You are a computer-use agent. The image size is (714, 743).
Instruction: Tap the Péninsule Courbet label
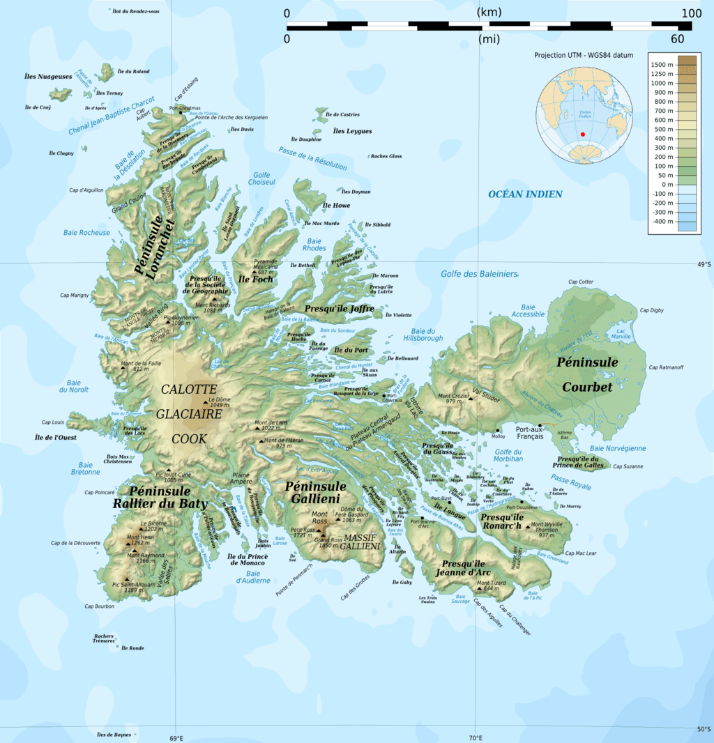click(x=587, y=374)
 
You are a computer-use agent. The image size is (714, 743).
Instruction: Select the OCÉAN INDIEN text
click(x=525, y=194)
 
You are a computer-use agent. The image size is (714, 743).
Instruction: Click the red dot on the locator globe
click(x=583, y=135)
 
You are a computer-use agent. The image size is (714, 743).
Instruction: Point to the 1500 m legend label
click(x=665, y=64)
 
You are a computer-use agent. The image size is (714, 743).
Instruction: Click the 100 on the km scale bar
click(x=691, y=13)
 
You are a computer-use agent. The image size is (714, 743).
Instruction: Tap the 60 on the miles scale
click(x=677, y=39)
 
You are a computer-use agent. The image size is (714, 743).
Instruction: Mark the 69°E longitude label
click(x=176, y=738)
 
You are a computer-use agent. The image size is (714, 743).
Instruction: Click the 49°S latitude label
click(x=704, y=264)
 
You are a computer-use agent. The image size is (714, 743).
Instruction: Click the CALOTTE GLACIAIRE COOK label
click(x=189, y=413)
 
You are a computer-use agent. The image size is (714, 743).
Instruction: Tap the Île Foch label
click(x=255, y=279)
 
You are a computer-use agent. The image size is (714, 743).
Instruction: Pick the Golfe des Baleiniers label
click(x=480, y=273)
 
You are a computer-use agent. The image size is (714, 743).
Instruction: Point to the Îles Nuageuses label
click(x=48, y=77)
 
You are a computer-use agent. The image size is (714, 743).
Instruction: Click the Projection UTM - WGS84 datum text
click(x=584, y=55)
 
